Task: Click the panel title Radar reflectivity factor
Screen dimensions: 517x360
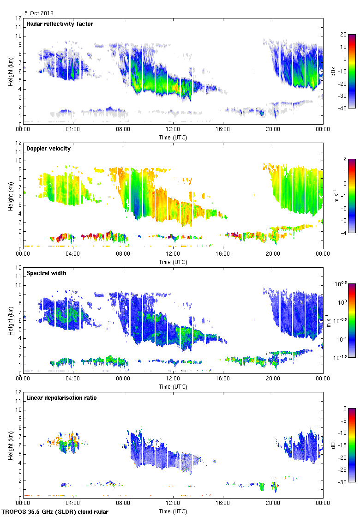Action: click(x=60, y=24)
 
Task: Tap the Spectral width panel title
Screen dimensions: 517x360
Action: click(x=46, y=273)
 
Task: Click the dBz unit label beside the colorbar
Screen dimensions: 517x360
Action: click(x=333, y=71)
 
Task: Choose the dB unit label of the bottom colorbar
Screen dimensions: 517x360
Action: click(x=333, y=445)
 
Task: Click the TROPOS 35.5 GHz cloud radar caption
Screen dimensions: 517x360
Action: click(x=55, y=512)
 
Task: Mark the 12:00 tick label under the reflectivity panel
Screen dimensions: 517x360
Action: click(x=173, y=130)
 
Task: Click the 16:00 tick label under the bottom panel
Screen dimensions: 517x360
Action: click(x=223, y=504)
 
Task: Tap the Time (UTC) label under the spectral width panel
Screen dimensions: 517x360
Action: click(x=173, y=386)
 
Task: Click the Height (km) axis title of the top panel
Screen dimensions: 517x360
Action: click(x=11, y=71)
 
